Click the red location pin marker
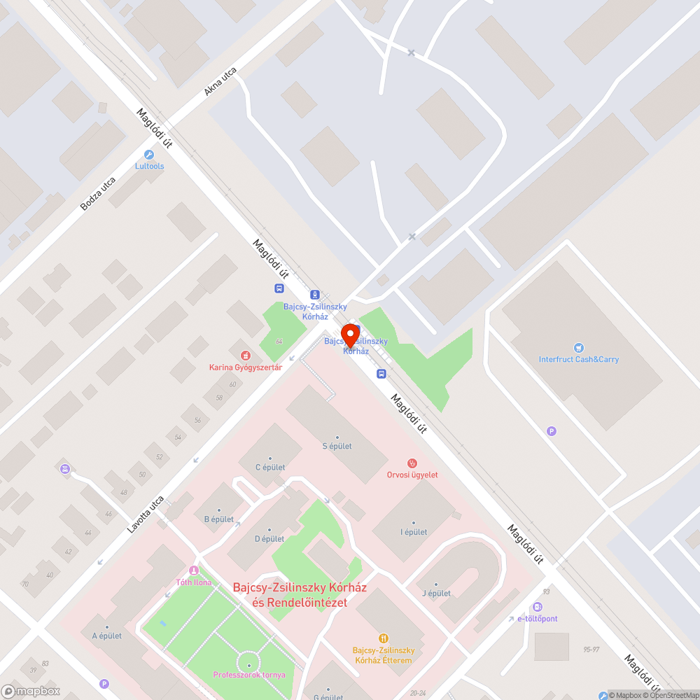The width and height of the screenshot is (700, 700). (x=350, y=335)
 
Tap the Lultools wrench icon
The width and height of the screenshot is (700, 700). (x=148, y=155)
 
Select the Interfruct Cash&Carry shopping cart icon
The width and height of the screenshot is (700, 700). (x=578, y=348)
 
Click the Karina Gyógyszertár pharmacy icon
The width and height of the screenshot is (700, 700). (x=245, y=356)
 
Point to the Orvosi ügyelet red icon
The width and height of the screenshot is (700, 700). (x=412, y=463)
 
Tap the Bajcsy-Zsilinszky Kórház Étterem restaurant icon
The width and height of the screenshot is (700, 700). (x=383, y=638)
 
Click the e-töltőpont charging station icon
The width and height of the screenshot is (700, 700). (x=537, y=607)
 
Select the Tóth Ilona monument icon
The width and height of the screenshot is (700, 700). (x=193, y=570)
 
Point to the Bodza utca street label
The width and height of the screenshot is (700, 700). (x=97, y=193)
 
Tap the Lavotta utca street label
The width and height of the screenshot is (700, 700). (x=146, y=515)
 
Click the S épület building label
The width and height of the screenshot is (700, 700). (x=337, y=446)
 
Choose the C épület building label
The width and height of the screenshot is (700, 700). (x=269, y=467)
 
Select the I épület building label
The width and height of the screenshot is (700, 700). (x=414, y=532)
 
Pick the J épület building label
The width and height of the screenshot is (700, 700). (x=436, y=594)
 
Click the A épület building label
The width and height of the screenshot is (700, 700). (x=107, y=636)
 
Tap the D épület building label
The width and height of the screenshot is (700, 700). (x=269, y=538)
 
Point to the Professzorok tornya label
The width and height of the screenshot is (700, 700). (x=248, y=675)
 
